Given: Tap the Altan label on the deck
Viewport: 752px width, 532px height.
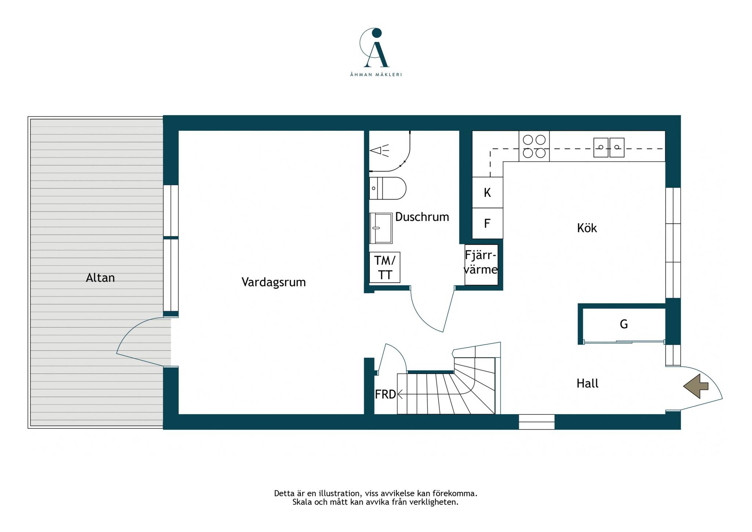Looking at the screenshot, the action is tap(100, 278).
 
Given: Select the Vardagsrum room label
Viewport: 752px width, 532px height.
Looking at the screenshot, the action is tap(274, 282).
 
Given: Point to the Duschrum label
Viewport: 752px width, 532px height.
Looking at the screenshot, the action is tap(422, 217).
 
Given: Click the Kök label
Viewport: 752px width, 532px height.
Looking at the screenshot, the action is tap(587, 228).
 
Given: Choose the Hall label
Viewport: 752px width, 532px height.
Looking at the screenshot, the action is tap(587, 383).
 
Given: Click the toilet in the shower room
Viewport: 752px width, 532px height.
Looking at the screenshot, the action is tap(388, 188).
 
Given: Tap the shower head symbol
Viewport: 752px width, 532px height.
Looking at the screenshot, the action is tap(379, 151).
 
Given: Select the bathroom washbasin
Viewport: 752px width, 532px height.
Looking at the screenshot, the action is tap(381, 228).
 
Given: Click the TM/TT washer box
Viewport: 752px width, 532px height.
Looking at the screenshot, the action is tap(384, 267).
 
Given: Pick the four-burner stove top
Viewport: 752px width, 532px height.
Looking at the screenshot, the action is tap(534, 146).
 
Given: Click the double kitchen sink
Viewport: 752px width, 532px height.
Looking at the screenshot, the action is tap(609, 147).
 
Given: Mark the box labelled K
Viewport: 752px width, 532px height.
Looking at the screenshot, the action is tap(487, 193).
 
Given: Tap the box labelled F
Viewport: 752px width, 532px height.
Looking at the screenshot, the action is tap(487, 223).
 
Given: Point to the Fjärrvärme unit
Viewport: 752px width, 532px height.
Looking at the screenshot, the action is tap(481, 265).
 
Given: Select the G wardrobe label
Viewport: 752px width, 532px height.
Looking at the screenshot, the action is tap(623, 324).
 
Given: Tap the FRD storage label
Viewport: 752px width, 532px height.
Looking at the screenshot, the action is tap(385, 395).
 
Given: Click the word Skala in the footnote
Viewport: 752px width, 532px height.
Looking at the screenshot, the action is tap(302, 502).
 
